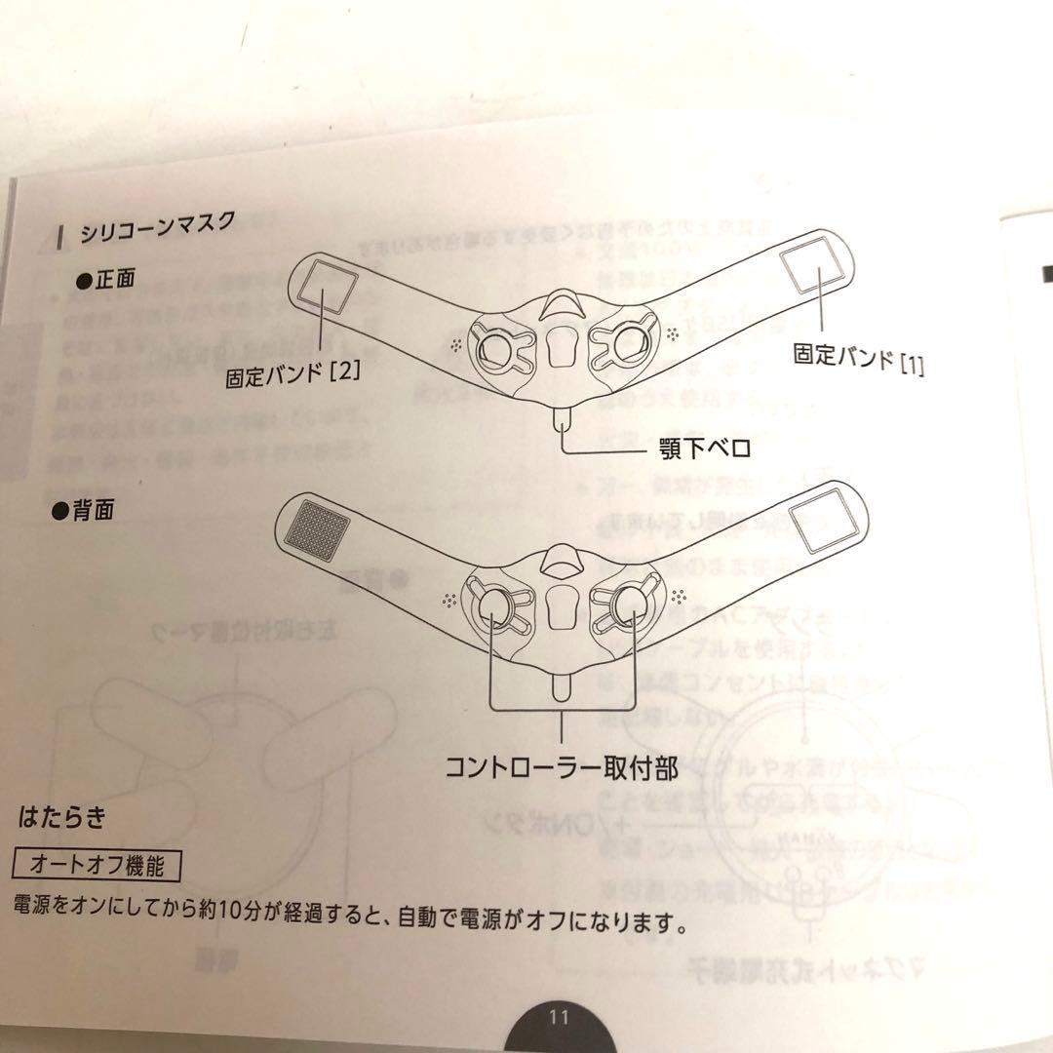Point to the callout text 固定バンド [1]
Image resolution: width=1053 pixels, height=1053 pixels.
click(x=859, y=360)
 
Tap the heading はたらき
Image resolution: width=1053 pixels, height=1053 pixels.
click(x=61, y=817)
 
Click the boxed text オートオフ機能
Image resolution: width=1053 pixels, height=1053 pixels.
click(x=97, y=863)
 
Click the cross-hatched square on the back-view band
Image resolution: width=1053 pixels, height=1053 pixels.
click(x=318, y=526)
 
